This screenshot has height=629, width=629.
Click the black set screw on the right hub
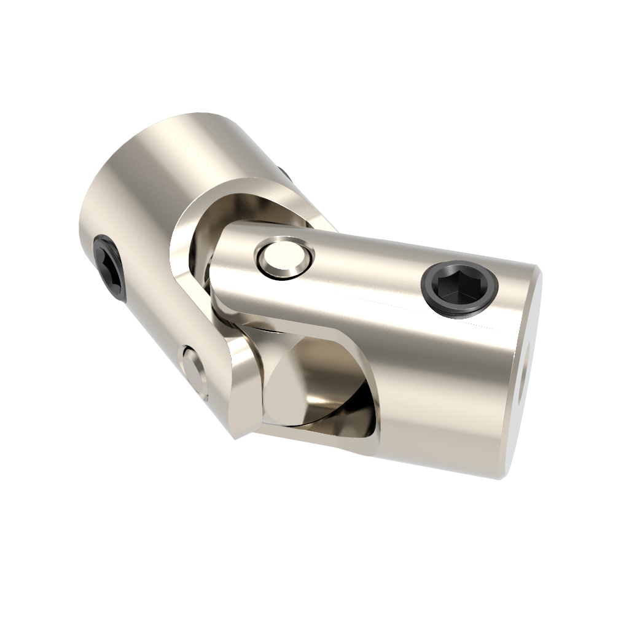[x=459, y=288]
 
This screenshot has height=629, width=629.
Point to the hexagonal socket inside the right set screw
[x=458, y=286]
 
